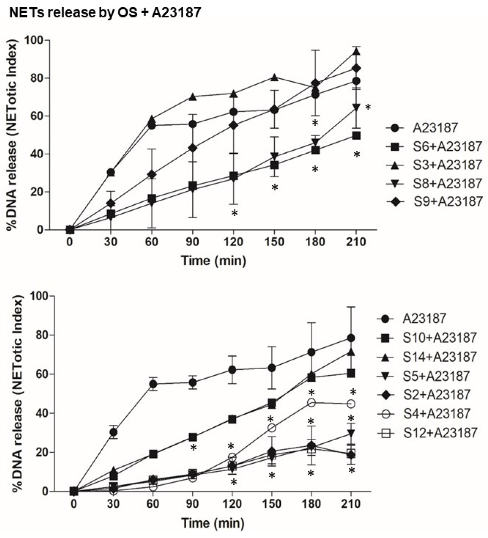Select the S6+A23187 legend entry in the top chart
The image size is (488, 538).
(434, 146)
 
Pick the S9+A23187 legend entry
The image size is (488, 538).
(434, 201)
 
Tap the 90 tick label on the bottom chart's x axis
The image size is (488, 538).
(193, 504)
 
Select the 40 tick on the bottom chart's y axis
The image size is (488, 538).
(39, 413)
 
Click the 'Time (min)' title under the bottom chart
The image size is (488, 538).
(213, 523)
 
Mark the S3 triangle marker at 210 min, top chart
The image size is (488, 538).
(356, 52)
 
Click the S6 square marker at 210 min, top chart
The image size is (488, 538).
(356, 136)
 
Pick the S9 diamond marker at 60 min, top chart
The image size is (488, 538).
(151, 174)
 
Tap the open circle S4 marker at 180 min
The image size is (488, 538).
(311, 403)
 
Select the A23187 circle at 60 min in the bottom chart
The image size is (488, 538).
(153, 384)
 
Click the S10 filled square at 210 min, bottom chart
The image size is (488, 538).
(351, 373)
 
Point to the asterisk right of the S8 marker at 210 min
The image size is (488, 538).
(368, 108)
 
